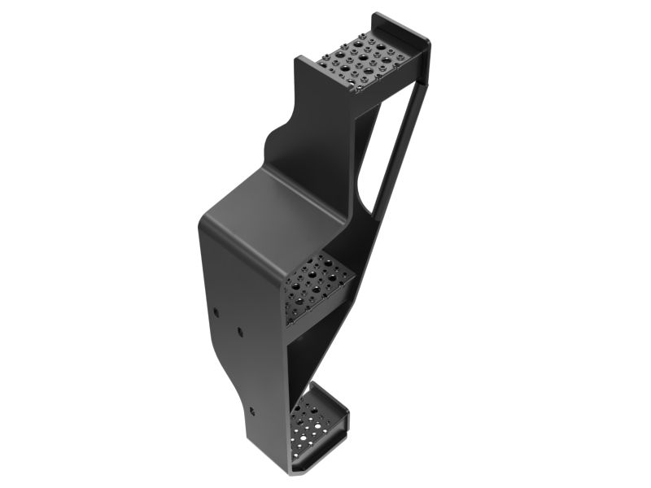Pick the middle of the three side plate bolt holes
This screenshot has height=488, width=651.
tap(240, 332)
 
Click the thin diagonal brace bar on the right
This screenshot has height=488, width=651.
tap(399, 155)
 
